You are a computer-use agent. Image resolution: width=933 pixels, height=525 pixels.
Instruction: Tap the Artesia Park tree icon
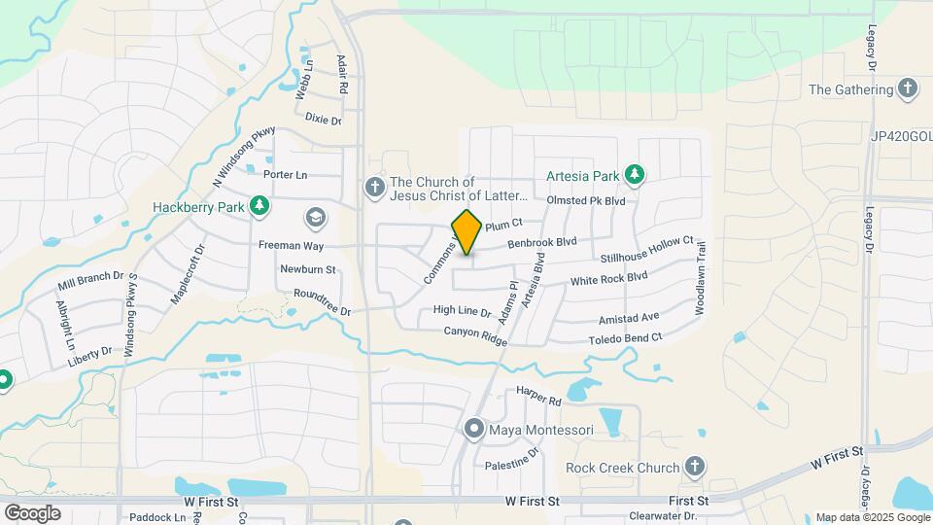635,175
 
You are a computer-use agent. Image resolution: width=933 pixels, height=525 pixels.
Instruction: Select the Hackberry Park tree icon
259,206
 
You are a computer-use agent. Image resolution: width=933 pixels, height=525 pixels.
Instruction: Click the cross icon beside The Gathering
908,89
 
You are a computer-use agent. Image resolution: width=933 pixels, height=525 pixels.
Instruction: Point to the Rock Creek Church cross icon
694,468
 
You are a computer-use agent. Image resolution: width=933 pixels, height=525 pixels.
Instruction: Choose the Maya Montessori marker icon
474,428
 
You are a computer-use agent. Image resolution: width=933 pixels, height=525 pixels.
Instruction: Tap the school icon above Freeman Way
315,216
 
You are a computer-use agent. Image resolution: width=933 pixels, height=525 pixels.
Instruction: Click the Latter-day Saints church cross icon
374,186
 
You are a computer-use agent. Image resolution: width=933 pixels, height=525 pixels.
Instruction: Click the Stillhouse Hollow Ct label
647,250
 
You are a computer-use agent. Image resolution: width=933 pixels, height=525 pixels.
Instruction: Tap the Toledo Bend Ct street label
625,338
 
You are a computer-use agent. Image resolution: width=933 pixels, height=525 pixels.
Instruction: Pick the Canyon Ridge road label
476,333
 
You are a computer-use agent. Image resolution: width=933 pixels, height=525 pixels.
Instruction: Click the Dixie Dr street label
324,120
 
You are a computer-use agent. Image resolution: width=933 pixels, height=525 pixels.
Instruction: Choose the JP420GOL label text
901,137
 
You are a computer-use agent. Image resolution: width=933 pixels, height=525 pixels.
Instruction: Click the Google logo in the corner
32,512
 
